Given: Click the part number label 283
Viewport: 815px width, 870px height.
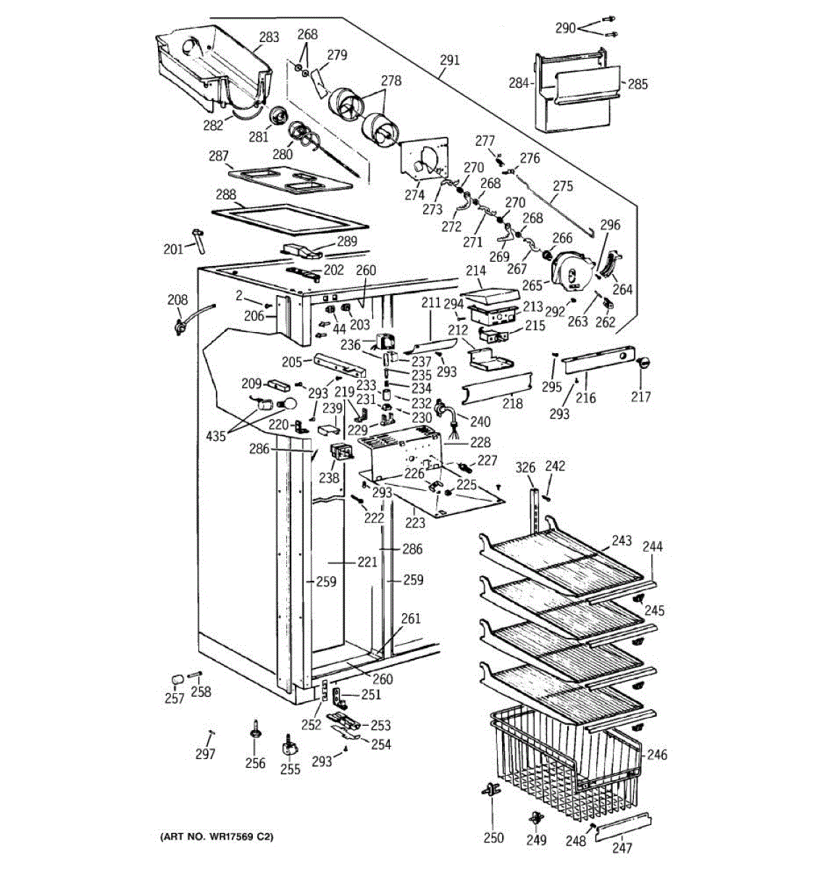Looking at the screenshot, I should [269, 36].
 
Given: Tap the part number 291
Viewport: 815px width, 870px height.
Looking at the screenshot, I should [449, 60].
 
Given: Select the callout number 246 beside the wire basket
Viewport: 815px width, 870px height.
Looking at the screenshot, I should [656, 755].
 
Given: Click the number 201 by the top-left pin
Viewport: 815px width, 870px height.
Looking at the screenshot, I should [173, 249].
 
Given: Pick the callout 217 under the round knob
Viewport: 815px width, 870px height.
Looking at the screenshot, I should [640, 397].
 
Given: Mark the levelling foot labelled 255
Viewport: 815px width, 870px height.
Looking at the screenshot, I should [290, 745].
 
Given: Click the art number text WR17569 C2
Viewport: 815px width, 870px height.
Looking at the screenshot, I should [217, 837].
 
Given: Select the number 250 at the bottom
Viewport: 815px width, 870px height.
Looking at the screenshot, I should [493, 837].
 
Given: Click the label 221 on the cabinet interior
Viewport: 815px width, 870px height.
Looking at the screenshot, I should [367, 562].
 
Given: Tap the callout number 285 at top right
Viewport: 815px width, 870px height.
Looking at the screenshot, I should [638, 84].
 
